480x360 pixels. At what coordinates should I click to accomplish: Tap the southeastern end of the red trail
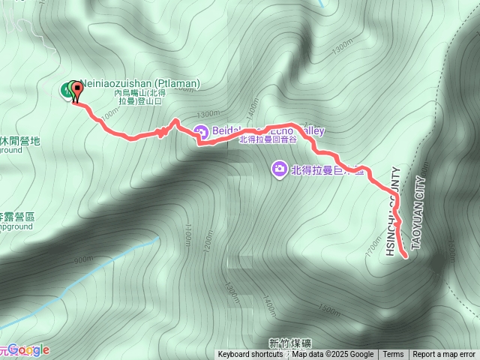click(x=406, y=256)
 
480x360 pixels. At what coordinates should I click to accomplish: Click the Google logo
click(x=28, y=349)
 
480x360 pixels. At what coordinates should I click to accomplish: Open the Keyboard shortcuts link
click(x=250, y=355)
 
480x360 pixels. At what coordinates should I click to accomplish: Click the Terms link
click(x=393, y=355)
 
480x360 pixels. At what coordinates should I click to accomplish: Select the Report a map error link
click(x=444, y=355)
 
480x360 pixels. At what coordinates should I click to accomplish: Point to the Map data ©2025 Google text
click(x=333, y=355)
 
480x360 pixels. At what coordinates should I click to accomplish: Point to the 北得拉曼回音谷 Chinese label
click(x=268, y=140)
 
